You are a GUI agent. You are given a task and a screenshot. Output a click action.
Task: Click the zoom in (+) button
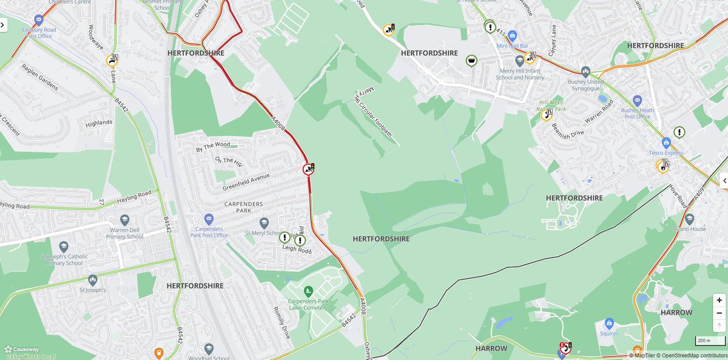coord(719,300)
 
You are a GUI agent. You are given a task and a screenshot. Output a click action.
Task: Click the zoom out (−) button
coord(719,312)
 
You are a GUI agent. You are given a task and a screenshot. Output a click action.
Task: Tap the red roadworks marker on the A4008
coord(309,169)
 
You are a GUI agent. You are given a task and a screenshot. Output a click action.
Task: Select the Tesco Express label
coord(666,152)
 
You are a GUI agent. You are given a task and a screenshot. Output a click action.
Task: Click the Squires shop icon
coord(610,323)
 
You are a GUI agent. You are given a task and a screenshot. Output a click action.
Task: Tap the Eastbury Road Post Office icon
coord(39,20)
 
